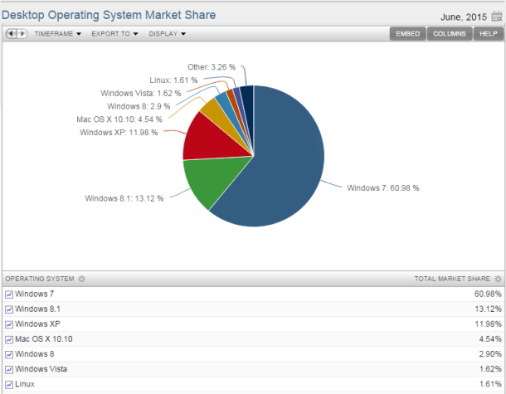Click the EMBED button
tap(409, 34)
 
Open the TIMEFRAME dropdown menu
tap(56, 34)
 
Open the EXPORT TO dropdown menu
tap(114, 34)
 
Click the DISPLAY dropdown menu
tap(167, 34)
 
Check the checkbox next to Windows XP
tap(9, 324)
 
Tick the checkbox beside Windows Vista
tap(9, 369)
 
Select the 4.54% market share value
tap(488, 339)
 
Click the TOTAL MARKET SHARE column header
tap(453, 278)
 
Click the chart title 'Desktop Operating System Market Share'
tap(109, 15)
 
